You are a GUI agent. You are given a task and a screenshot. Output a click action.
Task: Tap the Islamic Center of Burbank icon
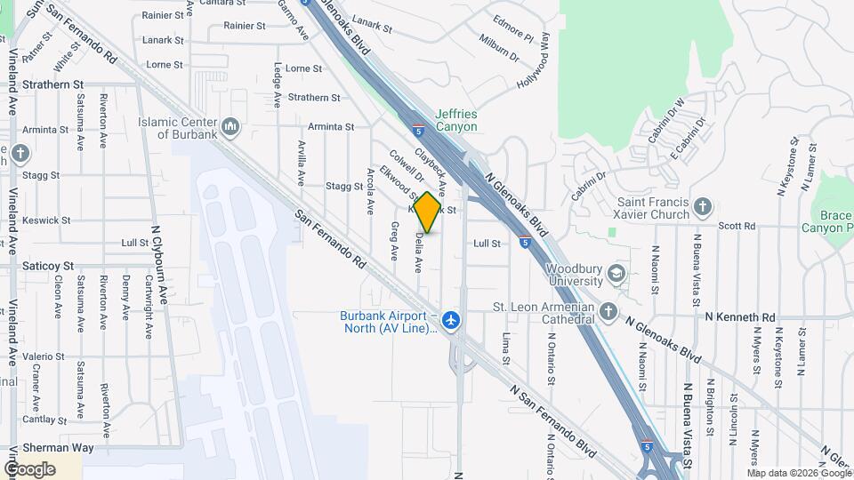tap(231, 127)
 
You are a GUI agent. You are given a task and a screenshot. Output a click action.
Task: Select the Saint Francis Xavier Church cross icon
tap(703, 207)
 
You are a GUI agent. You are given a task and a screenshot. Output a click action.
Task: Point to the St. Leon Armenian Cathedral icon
tap(608, 311)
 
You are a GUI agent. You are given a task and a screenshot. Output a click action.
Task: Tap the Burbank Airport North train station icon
tap(452, 318)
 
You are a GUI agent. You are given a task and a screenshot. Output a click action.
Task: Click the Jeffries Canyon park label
tap(456, 120)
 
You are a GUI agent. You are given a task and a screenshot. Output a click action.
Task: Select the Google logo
tap(29, 469)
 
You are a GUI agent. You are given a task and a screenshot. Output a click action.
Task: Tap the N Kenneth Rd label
tap(740, 316)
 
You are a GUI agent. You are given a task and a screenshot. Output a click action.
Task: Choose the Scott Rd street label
tap(737, 226)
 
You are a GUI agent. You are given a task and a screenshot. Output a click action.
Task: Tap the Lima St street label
tap(505, 348)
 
